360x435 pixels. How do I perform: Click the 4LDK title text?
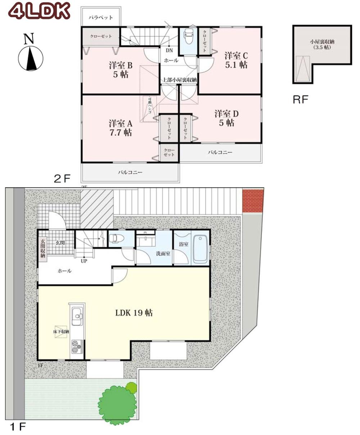point(39,11)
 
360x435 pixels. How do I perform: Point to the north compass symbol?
point(31,58)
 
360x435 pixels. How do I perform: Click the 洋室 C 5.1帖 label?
point(236,60)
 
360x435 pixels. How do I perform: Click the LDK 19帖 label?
point(134,313)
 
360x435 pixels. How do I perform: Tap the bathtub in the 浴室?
point(201,250)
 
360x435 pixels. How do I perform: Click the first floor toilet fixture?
point(116,238)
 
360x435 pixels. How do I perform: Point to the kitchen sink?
point(77,316)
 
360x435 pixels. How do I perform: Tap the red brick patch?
point(253,201)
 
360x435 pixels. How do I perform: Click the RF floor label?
point(301,100)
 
